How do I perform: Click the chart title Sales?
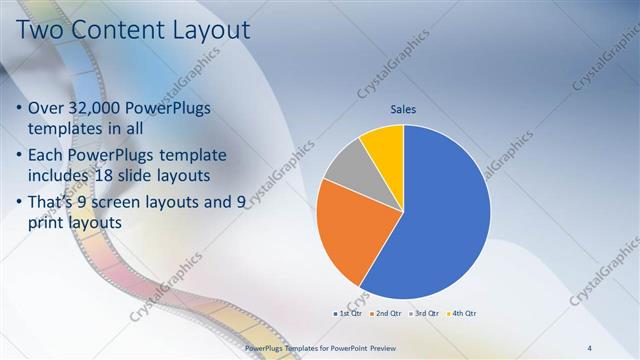click(403, 110)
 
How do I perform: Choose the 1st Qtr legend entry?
click(349, 314)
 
